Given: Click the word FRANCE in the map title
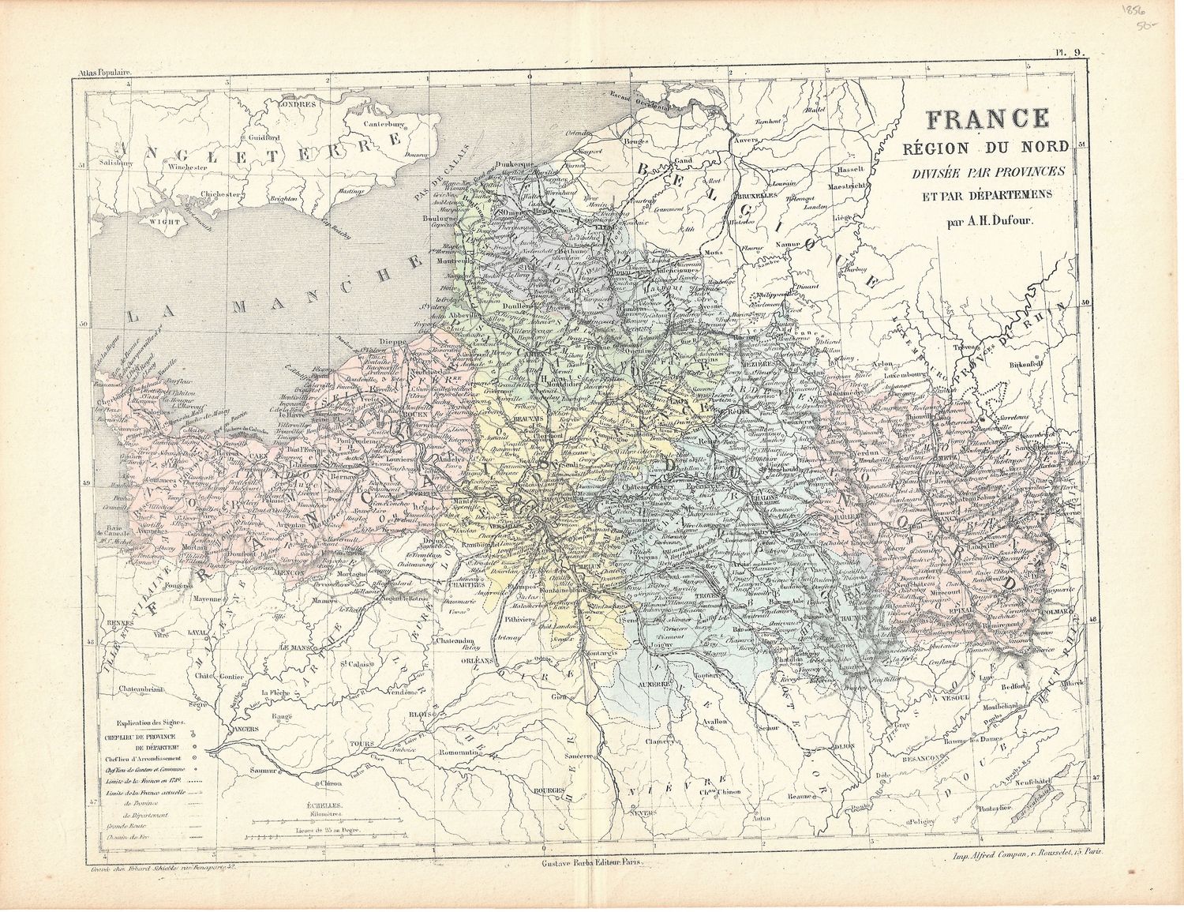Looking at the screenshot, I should coord(987,118).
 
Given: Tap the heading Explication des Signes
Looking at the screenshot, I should coord(150,722).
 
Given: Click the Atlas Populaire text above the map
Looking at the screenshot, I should coord(103,73).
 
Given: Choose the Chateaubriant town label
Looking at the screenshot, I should coord(141,689).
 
